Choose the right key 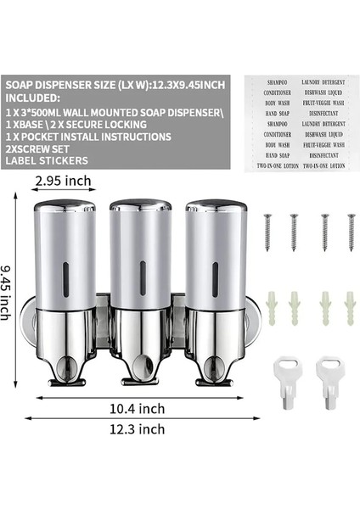coord(329,372)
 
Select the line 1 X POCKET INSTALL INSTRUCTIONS coord(88,136)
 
